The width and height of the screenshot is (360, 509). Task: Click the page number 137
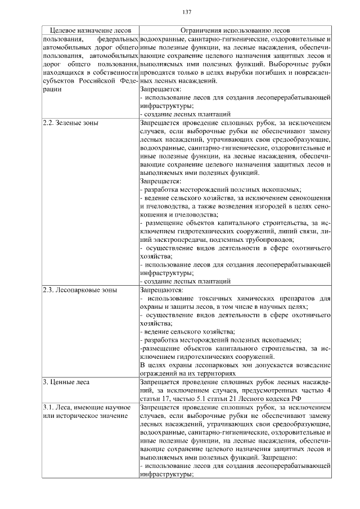point(187,13)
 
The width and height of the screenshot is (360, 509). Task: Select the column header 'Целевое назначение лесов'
point(90,30)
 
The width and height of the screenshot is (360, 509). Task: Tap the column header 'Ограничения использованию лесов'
point(235,30)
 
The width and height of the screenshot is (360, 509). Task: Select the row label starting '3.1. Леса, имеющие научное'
point(89,407)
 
